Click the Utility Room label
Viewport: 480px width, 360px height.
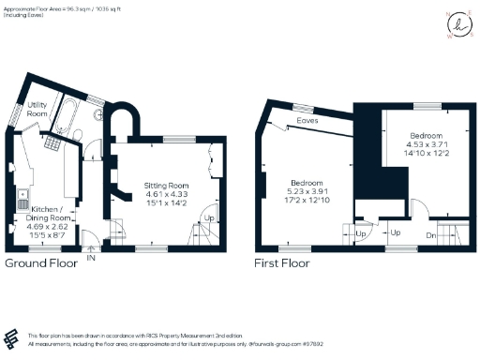click(x=37, y=109)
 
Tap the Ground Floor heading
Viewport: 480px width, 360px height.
click(x=41, y=264)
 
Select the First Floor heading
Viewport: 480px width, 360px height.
click(x=284, y=264)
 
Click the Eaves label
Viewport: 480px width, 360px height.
click(x=306, y=121)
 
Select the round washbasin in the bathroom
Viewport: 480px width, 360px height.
click(x=99, y=113)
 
